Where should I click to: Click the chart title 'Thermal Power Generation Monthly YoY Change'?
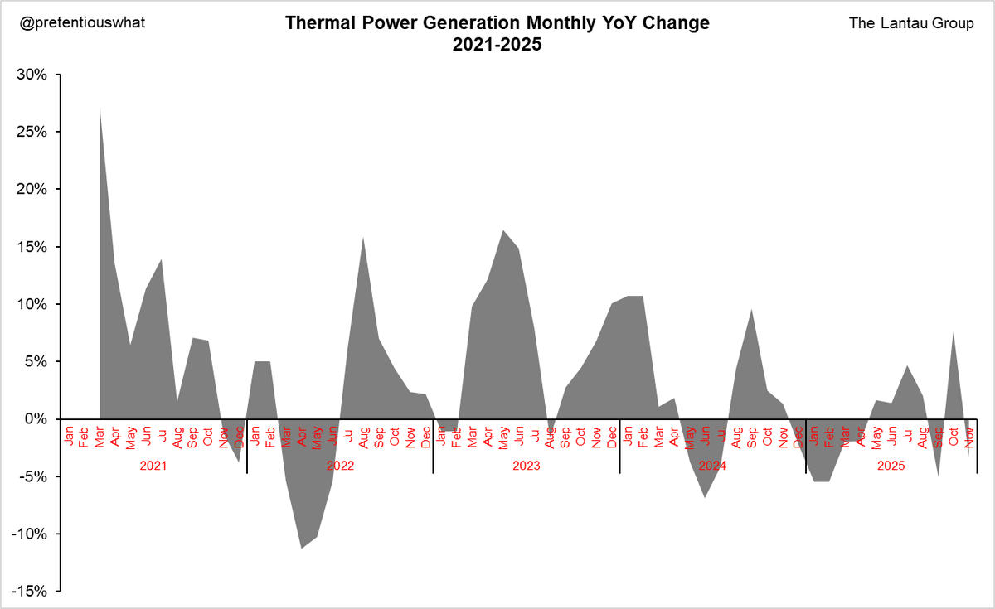[x=497, y=23]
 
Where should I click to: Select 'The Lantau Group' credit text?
[x=911, y=23]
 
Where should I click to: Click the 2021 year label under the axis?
[x=153, y=466]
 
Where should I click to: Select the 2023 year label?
[x=527, y=466]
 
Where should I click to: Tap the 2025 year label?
[x=892, y=466]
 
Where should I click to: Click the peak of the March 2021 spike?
[x=99, y=107]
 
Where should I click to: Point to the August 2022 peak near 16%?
[x=363, y=238]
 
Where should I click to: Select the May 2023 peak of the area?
[x=503, y=230]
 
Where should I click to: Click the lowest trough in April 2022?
[x=301, y=548]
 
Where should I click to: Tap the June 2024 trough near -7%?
[x=705, y=496]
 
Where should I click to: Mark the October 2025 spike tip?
[x=954, y=332]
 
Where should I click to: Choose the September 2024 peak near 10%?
[x=751, y=310]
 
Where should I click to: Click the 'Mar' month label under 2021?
[x=99, y=436]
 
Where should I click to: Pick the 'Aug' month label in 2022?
[x=363, y=436]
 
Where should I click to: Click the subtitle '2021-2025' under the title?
[x=497, y=46]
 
